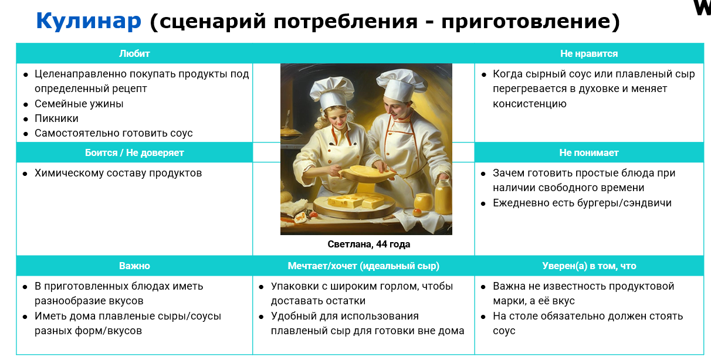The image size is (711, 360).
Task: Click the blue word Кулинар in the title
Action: [x=89, y=21]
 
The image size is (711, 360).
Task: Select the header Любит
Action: [x=134, y=53]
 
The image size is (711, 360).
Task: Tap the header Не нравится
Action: [x=589, y=53]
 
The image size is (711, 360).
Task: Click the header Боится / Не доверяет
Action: [x=134, y=152]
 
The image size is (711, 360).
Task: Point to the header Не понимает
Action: [x=589, y=152]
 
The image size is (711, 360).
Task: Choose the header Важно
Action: [x=134, y=266]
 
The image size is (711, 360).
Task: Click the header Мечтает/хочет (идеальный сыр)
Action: [x=364, y=266]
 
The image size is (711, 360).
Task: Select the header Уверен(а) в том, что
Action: [x=589, y=266]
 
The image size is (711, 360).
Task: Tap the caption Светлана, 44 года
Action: [x=368, y=244]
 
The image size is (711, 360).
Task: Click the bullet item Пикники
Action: [x=56, y=118]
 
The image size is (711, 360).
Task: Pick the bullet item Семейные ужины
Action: [x=79, y=104]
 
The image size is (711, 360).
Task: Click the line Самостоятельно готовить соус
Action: [x=114, y=133]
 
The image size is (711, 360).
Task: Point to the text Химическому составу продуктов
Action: [x=118, y=173]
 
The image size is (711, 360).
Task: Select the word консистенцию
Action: [x=530, y=104]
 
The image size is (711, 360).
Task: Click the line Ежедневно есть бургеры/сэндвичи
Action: [x=582, y=203]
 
